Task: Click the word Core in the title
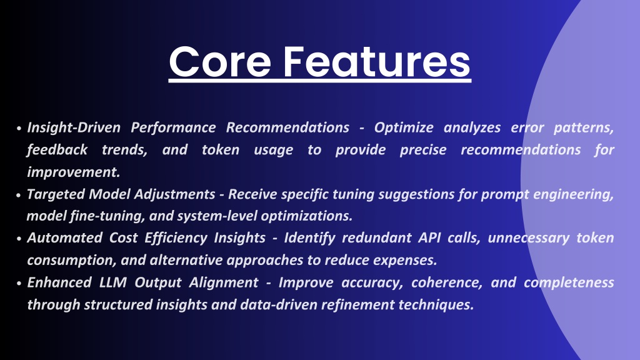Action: coord(220,62)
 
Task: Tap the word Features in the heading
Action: coord(377,62)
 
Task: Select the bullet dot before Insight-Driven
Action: coord(19,128)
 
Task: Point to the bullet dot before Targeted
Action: coord(19,195)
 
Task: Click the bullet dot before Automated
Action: coord(19,239)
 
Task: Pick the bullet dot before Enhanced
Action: coord(19,283)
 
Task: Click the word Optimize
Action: coord(404,128)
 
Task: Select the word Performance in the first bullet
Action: coord(173,127)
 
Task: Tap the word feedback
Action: coord(57,150)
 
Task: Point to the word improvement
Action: coord(74,172)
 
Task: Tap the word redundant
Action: coord(377,238)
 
